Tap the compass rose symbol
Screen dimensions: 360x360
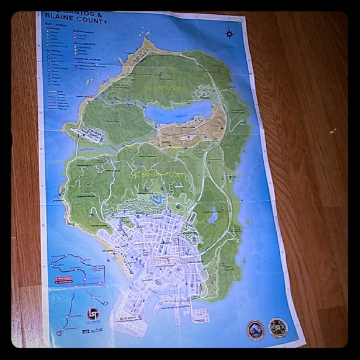pyautogui.click(x=230, y=33)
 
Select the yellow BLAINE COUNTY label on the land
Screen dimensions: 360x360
pyautogui.click(x=164, y=89)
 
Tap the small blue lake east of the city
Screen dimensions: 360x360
pyautogui.click(x=212, y=215)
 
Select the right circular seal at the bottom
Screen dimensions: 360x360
pyautogui.click(x=277, y=327)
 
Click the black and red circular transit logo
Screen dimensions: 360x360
pyautogui.click(x=93, y=314)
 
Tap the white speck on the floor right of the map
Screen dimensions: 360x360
pyautogui.click(x=333, y=131)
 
